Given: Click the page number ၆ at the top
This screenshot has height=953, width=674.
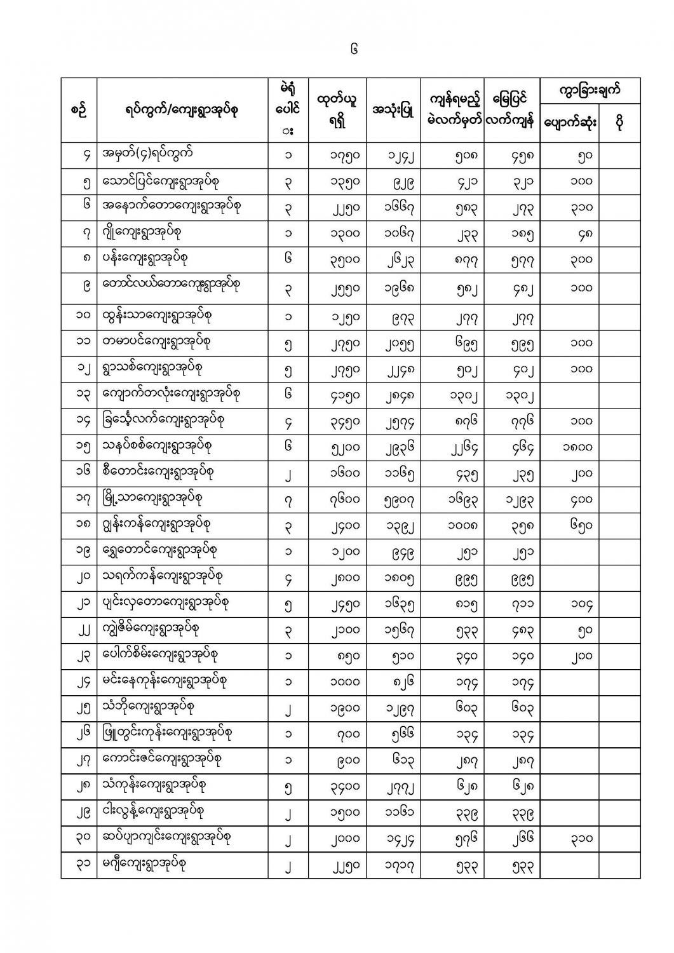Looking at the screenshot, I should [x=354, y=49].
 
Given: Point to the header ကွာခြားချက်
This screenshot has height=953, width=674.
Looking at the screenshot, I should [x=590, y=90].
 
